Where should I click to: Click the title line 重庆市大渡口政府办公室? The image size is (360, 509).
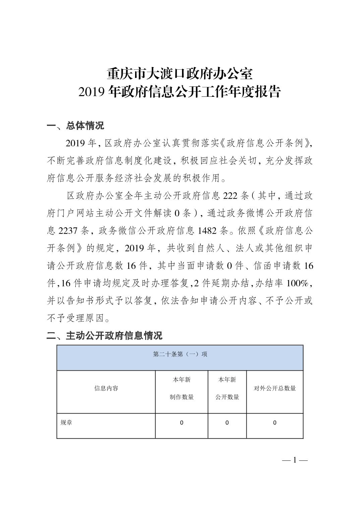click(180, 74)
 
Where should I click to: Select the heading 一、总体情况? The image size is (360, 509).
click(75, 126)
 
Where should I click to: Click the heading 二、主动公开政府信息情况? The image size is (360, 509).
click(104, 335)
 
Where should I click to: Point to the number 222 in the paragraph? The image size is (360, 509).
click(230, 196)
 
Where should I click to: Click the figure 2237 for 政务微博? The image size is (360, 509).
click(68, 231)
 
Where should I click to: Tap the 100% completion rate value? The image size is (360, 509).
click(298, 283)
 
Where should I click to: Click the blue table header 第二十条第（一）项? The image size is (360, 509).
click(180, 354)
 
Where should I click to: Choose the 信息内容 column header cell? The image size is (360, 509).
click(106, 388)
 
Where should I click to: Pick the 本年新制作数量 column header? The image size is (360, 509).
click(181, 388)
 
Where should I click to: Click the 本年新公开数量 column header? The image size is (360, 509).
click(227, 388)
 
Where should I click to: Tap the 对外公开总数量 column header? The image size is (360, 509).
click(275, 388)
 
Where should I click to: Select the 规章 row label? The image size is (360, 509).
click(66, 423)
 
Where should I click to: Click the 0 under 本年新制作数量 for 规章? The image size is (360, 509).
click(181, 423)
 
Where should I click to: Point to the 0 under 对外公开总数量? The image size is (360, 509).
click(275, 423)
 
